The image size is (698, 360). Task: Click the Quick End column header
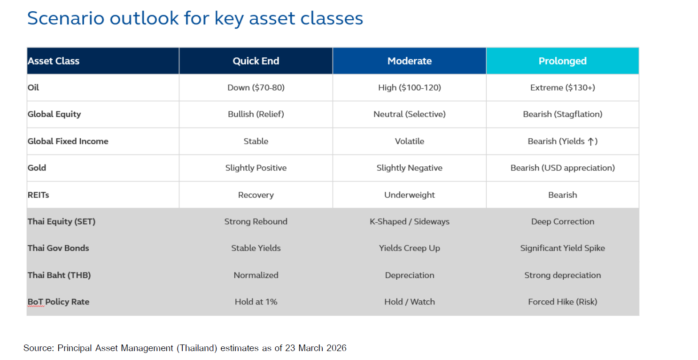coord(256,61)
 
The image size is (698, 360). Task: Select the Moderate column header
coord(410,61)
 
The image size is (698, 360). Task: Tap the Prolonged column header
coord(562,61)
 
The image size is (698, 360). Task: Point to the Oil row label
coord(33,87)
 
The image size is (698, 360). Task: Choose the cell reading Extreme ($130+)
coord(562,87)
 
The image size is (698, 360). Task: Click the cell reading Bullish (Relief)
coord(256,114)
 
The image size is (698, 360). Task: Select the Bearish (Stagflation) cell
coord(562,114)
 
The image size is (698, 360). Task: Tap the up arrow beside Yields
coord(590,141)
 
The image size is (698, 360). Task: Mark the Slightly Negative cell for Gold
coord(410,168)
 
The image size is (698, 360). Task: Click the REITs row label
coord(39,195)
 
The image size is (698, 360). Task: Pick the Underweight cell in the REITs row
coord(410,195)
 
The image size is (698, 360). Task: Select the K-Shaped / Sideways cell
coord(410,221)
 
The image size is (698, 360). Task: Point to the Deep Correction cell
coord(562,221)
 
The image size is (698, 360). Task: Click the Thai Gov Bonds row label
coord(58,248)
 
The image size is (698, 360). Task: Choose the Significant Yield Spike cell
coord(562,248)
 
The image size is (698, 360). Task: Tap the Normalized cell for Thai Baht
coord(256,275)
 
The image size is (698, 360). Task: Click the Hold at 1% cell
coord(256,302)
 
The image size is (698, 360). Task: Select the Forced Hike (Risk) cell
coord(562,302)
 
